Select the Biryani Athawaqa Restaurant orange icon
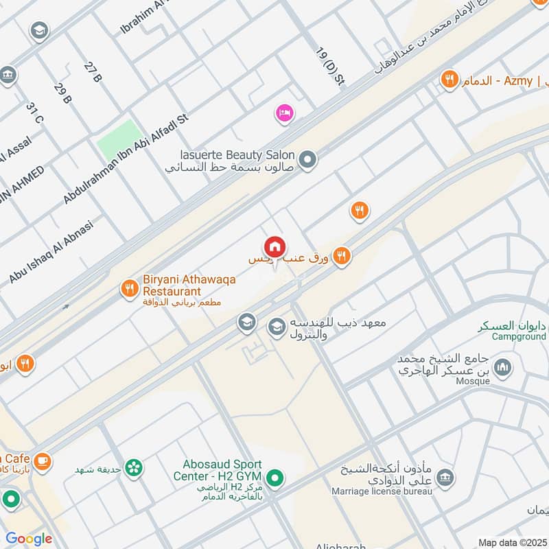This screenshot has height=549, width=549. [128, 289]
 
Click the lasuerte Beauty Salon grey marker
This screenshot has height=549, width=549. [309, 160]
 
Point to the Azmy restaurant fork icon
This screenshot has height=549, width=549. [450, 80]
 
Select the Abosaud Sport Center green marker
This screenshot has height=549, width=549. [275, 478]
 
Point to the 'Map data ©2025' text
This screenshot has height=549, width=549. [512, 542]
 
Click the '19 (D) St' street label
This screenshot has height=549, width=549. [329, 67]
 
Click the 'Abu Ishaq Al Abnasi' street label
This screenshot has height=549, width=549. [51, 251]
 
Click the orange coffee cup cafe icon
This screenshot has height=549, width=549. [42, 459]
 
